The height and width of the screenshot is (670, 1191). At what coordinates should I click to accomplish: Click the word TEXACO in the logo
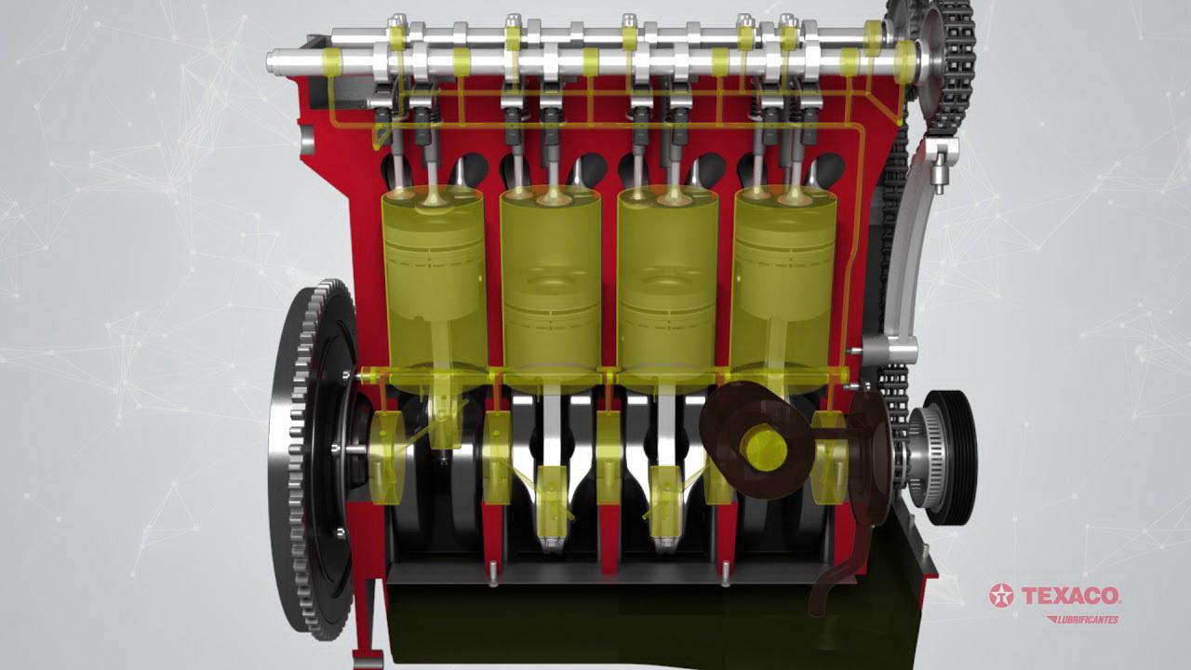(x=1071, y=596)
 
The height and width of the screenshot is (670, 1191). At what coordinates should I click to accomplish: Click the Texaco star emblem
(x=1002, y=596)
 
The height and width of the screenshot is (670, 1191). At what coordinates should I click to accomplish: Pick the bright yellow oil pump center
(x=766, y=449)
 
